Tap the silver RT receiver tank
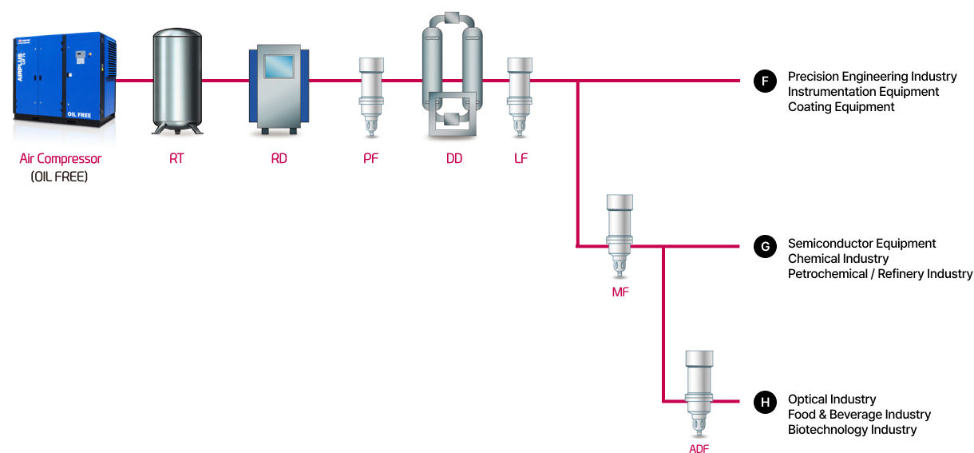pyautogui.click(x=176, y=80)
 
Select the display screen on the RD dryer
pyautogui.click(x=279, y=66)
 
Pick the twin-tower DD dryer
pyautogui.click(x=452, y=77)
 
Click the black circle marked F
pyautogui.click(x=765, y=81)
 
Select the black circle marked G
pyautogui.click(x=765, y=246)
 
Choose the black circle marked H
pyautogui.click(x=765, y=403)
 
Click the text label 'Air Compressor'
pyautogui.click(x=61, y=159)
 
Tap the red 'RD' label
pyautogui.click(x=279, y=159)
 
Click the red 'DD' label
pyautogui.click(x=453, y=159)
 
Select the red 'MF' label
pyautogui.click(x=620, y=292)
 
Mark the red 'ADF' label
pyautogui.click(x=699, y=449)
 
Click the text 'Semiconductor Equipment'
pyautogui.click(x=861, y=243)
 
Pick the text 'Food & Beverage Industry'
pyautogui.click(x=859, y=414)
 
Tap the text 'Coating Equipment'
pyautogui.click(x=841, y=107)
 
